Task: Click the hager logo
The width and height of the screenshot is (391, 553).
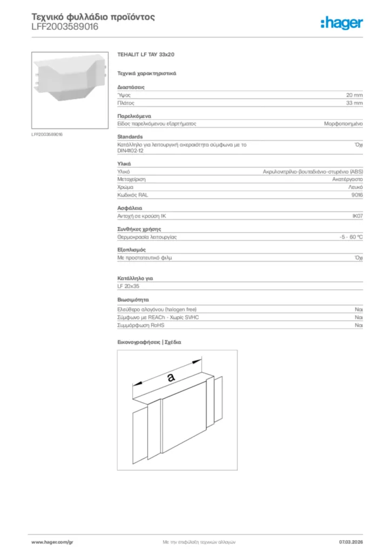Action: tap(341, 23)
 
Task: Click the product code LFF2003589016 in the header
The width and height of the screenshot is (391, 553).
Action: tap(65, 26)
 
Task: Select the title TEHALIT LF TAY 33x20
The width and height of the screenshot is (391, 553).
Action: tap(146, 55)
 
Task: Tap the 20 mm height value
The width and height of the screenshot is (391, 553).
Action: tap(355, 95)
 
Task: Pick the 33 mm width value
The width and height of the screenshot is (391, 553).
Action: tap(355, 103)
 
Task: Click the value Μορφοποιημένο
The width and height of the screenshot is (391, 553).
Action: tap(343, 124)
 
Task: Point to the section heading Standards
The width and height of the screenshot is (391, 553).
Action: tap(130, 137)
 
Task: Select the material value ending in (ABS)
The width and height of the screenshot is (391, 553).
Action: tap(313, 171)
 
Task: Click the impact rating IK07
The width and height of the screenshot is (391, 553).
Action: tap(358, 215)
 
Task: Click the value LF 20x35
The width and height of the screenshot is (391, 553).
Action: tap(129, 286)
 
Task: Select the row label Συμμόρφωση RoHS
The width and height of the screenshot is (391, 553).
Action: tap(141, 326)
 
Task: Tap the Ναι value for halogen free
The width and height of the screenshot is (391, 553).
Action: tap(359, 309)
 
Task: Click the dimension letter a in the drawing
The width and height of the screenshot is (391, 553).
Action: tap(171, 378)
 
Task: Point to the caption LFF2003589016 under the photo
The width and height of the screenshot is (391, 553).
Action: tap(47, 134)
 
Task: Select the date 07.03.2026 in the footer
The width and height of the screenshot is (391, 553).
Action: tap(351, 541)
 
